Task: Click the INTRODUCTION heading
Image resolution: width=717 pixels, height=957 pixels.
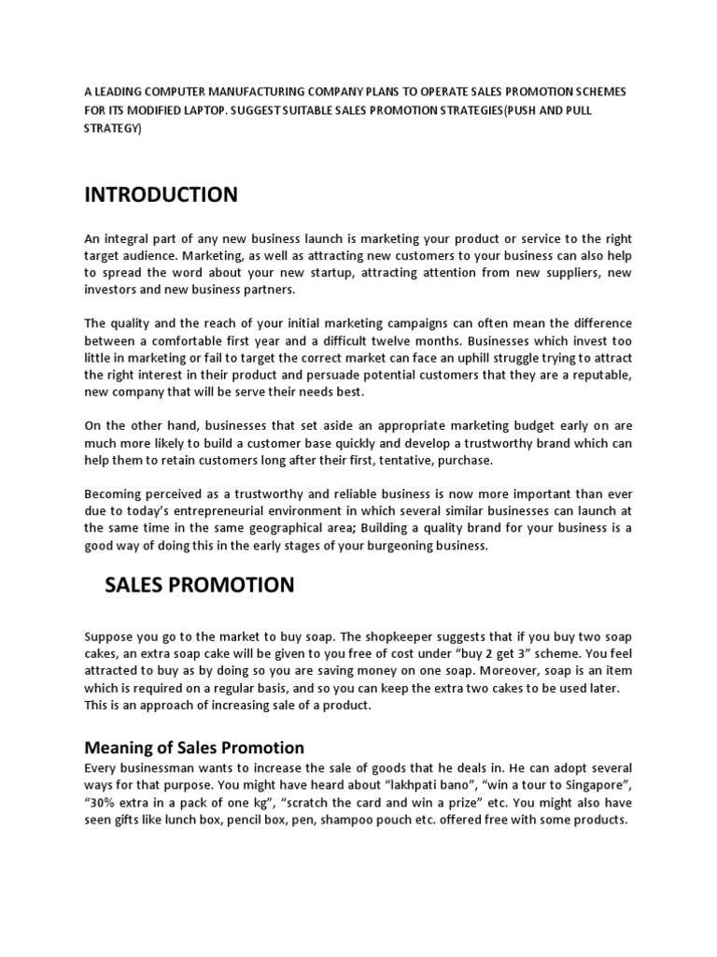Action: (x=161, y=194)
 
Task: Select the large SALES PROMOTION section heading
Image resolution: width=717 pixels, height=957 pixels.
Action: (x=199, y=585)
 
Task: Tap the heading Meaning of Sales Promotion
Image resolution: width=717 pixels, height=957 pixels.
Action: (x=194, y=748)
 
